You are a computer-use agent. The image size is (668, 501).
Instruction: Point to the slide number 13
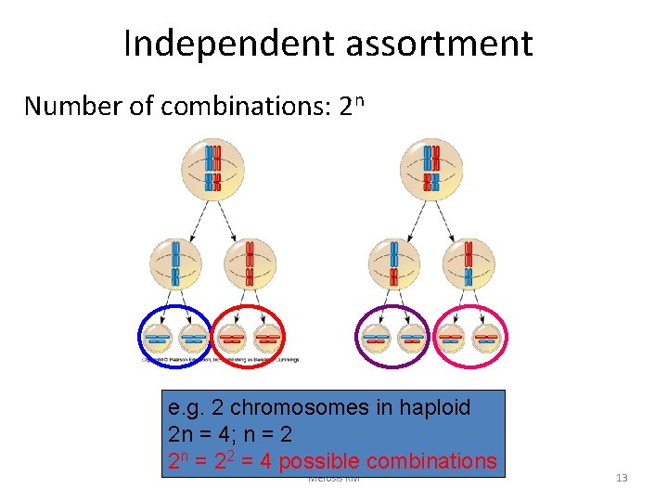(x=622, y=478)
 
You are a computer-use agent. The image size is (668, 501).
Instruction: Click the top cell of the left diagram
(x=212, y=167)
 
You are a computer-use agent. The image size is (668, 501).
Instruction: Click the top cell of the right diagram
(x=431, y=167)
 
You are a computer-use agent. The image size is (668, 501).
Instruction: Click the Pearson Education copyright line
(x=220, y=357)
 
